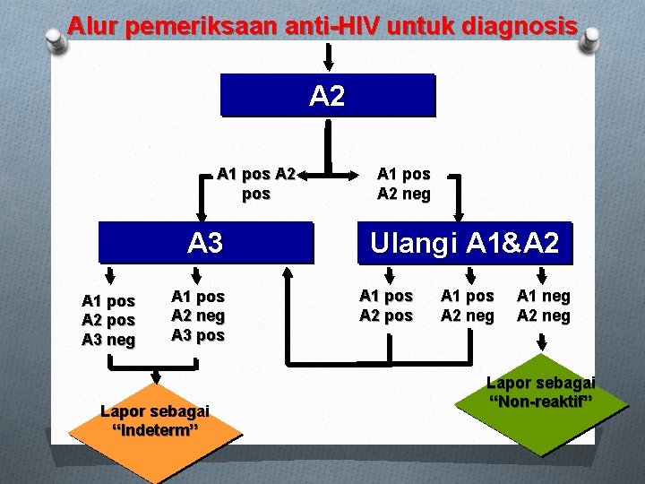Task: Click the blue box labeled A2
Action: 327,96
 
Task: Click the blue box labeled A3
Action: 205,242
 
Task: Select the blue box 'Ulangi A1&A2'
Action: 464,243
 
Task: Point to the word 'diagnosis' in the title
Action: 520,26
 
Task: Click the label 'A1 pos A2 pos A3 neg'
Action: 108,320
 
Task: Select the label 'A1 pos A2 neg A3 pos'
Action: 198,315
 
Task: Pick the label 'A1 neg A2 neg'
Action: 544,305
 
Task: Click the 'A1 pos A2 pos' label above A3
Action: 256,183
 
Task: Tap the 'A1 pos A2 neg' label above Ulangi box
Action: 404,184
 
